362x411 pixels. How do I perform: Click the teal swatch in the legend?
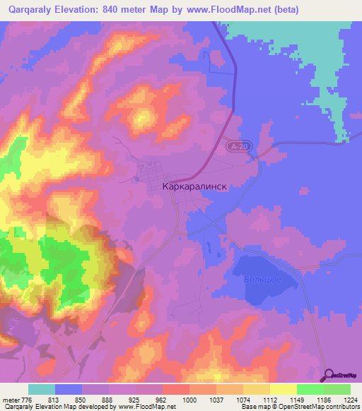pos(42,389)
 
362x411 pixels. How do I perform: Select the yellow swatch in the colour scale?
pos(283,389)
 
